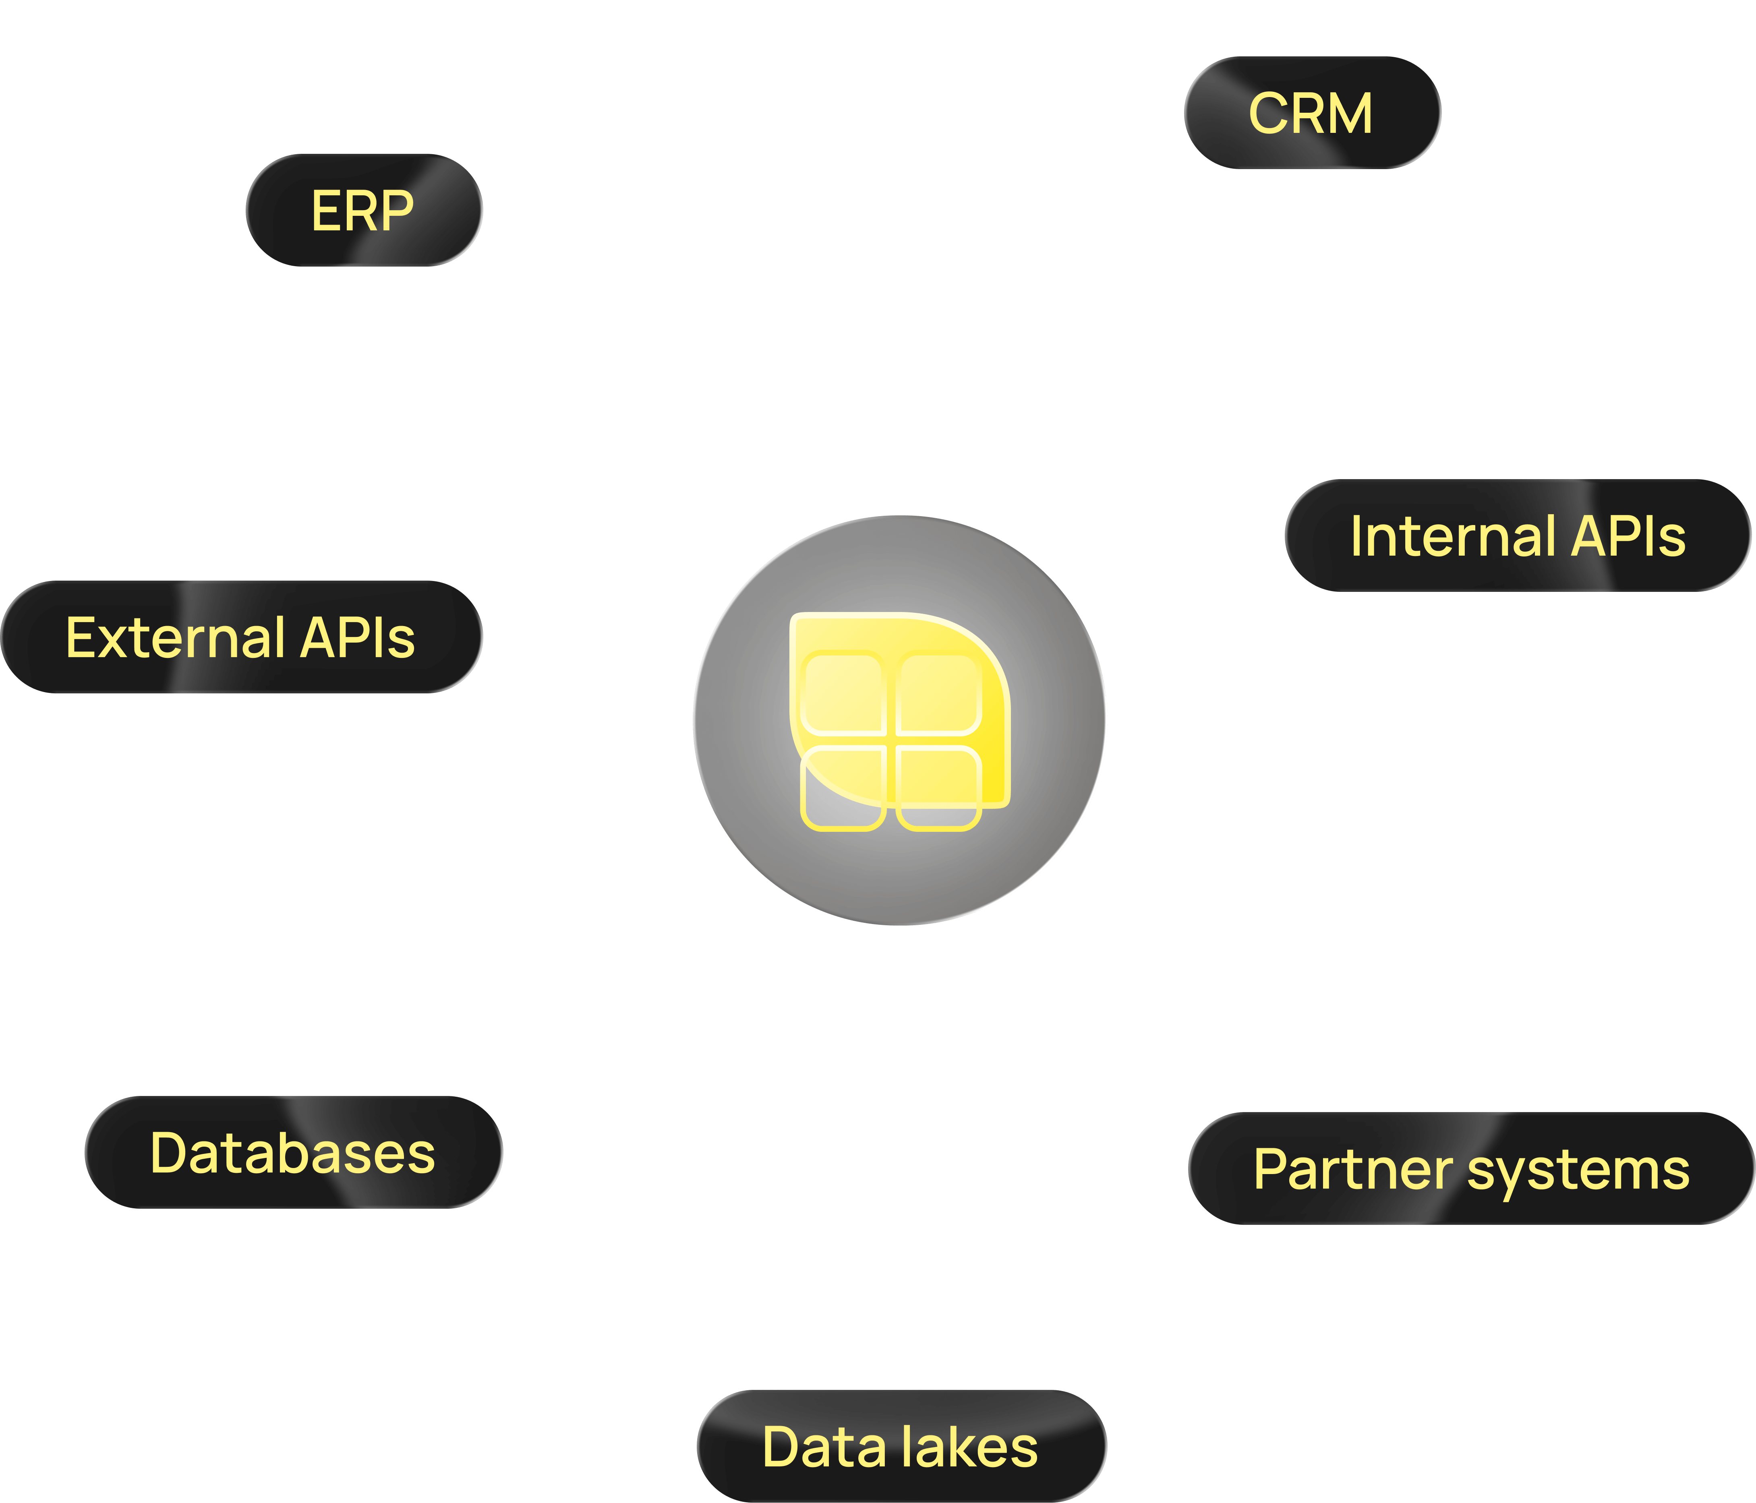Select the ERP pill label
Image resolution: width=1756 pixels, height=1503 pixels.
point(364,210)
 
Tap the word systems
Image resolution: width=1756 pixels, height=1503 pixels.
point(1578,1171)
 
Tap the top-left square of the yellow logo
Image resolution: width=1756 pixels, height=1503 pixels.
point(843,692)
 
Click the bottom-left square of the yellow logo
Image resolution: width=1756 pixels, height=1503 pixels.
point(843,788)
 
